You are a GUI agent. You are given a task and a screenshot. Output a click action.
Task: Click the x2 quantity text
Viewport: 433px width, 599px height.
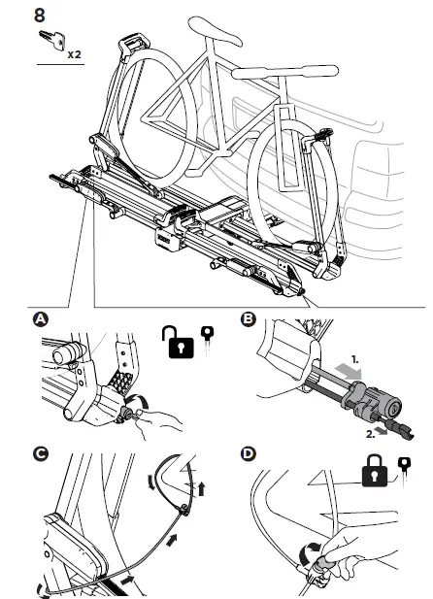click(x=75, y=54)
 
